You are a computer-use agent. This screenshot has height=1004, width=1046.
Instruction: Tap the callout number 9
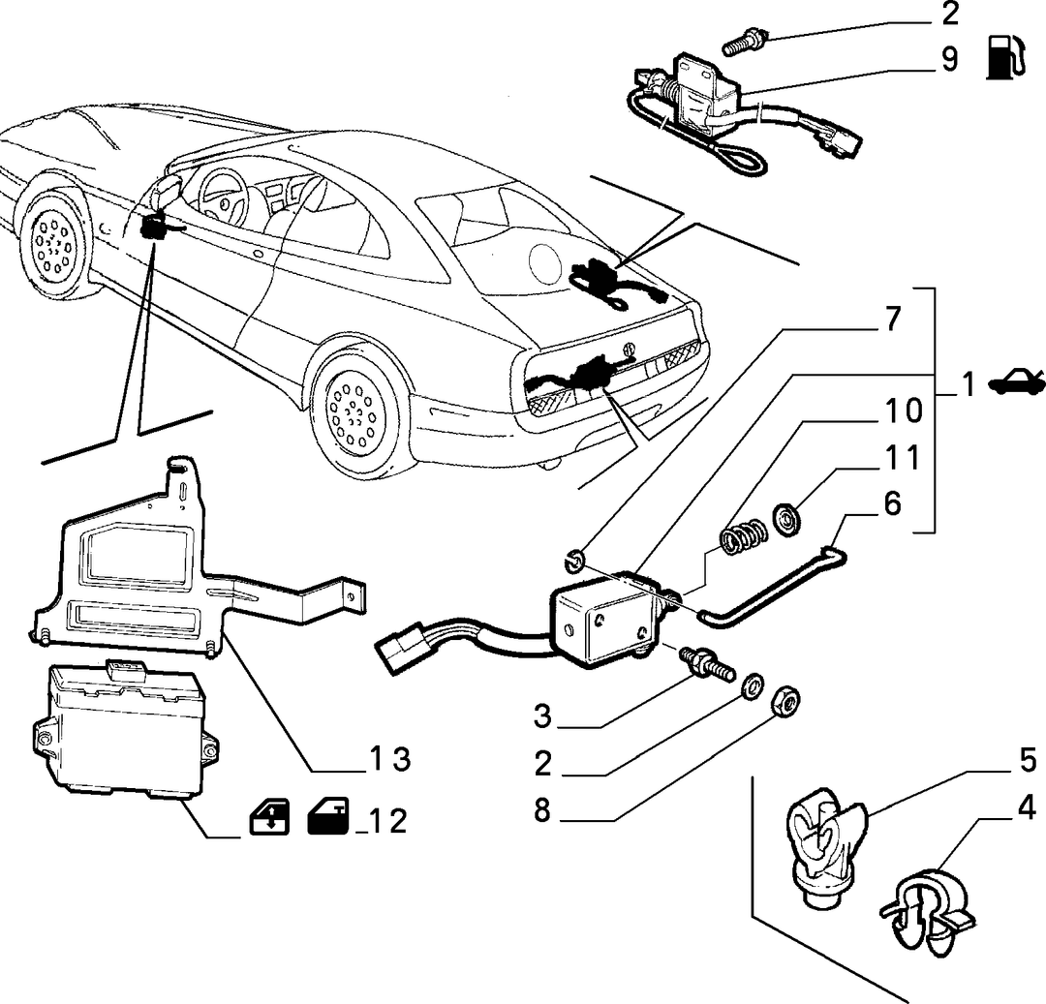click(949, 59)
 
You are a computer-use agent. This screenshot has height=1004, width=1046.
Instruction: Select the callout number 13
click(390, 759)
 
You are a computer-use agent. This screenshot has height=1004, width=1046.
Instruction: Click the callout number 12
click(386, 821)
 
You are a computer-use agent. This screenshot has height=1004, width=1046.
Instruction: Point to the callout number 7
click(893, 320)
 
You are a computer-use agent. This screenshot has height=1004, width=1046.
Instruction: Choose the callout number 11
click(903, 458)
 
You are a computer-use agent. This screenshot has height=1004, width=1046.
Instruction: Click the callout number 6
click(892, 504)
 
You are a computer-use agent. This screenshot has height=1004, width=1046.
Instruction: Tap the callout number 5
click(1028, 761)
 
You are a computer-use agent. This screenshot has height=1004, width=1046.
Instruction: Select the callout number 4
click(1027, 807)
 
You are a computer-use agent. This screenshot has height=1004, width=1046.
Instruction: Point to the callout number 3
click(543, 716)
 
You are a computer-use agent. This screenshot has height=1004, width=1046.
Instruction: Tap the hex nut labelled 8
click(785, 702)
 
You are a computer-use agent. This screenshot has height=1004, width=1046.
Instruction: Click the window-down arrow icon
click(269, 817)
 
